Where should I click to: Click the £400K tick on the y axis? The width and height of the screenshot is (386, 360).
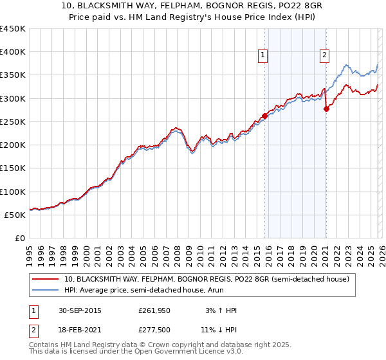coord(13,52)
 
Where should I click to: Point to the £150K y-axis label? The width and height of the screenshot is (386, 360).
coord(13,168)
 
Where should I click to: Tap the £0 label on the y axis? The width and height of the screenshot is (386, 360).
coord(20,238)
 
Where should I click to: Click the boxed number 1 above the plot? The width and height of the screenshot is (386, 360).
coord(264,56)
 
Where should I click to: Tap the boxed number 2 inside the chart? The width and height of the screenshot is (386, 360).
coord(325,56)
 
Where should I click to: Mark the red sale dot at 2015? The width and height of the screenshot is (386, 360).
coord(264,116)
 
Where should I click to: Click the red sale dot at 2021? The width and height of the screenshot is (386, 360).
coord(326,109)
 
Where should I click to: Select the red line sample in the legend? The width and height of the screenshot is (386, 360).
coord(46,280)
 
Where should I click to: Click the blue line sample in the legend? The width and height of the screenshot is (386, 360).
coord(46,291)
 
